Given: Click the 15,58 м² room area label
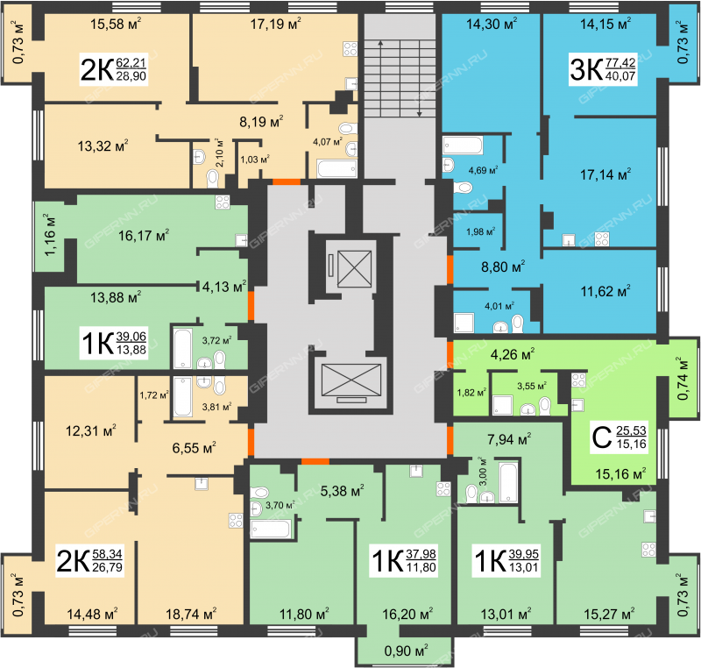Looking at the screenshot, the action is pos(116,24).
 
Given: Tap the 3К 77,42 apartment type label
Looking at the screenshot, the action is pos(603,69).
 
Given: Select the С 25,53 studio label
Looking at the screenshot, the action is pos(619,437).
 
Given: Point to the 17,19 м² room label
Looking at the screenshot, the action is pos(275,24).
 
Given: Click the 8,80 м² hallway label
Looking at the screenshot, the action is pos(503,266).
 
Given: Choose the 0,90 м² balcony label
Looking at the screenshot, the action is pos(406,650).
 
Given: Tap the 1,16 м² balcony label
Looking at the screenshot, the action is pos(50,235).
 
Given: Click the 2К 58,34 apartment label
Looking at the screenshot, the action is pos(89,561).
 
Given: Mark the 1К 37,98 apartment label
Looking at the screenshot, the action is pos(404,561).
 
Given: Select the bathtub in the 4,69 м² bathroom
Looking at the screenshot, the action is pos(463,146).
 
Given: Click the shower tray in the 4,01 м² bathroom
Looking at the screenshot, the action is pos(464,323).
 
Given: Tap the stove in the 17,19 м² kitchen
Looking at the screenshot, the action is pos(350,49).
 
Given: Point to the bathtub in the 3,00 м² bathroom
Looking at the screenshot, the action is pos(508,483).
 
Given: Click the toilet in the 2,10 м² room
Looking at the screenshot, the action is pos(213,179).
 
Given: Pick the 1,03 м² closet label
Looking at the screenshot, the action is pos(255,160).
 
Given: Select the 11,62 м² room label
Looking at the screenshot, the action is pos(605,291).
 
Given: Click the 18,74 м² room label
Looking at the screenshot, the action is pos(191,613).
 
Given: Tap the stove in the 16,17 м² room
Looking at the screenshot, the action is pos(223,203).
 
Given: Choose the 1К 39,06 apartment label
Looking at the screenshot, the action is pos(114,344).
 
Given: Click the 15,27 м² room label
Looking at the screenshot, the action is pos(609,613).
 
